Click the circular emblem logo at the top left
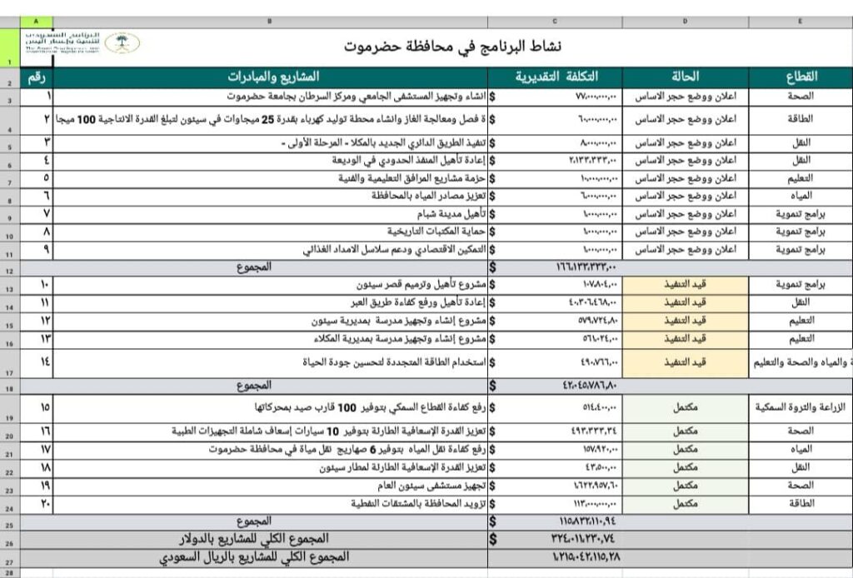pos(122,43)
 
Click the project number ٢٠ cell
pos(45,503)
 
